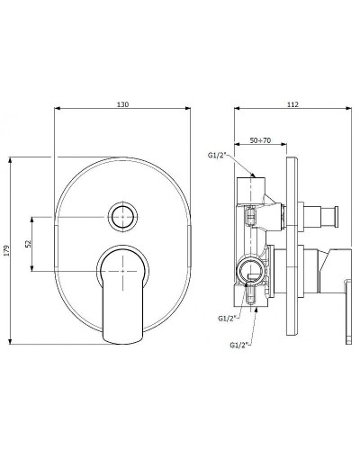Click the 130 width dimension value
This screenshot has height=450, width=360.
coord(122,104)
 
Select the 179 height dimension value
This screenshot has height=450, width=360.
coord(6,250)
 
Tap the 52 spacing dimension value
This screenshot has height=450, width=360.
coord(29,244)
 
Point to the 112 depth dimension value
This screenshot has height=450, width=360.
coord(292,104)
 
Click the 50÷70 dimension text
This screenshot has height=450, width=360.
coord(260,140)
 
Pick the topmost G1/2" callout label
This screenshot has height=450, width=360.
coord(219,155)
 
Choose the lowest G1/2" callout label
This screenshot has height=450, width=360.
coord(240,345)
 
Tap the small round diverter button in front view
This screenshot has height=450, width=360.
coord(122,216)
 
